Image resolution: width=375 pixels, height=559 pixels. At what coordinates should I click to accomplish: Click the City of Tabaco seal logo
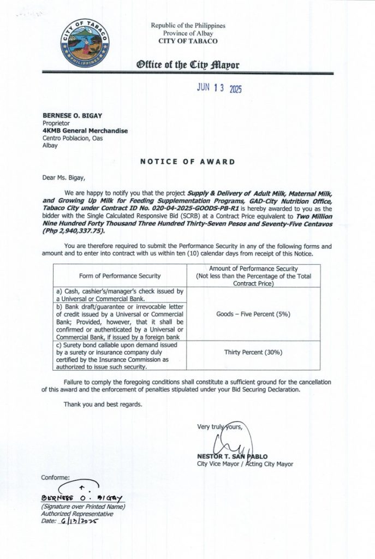[85, 44]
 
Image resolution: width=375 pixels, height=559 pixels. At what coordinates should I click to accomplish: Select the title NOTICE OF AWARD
[187, 162]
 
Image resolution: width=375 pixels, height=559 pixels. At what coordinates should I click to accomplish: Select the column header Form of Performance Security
[120, 276]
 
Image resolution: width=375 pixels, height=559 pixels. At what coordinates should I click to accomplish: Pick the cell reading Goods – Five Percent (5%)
[253, 314]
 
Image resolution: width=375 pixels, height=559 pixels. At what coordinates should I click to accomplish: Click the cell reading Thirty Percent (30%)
[253, 353]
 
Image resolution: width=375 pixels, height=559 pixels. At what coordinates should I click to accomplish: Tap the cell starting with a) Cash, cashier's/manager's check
[120, 295]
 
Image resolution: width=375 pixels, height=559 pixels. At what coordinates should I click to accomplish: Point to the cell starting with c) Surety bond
[120, 356]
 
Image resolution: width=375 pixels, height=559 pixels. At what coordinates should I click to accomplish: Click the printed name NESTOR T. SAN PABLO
[232, 456]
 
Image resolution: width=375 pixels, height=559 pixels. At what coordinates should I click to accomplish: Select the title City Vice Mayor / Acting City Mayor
[245, 464]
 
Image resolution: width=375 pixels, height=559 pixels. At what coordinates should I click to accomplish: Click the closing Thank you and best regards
[103, 405]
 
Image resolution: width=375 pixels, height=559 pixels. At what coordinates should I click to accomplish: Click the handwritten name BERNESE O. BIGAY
[82, 498]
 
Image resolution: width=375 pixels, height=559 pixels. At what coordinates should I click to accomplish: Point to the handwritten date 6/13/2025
[79, 521]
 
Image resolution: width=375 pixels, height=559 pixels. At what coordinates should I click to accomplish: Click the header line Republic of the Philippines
[188, 26]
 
